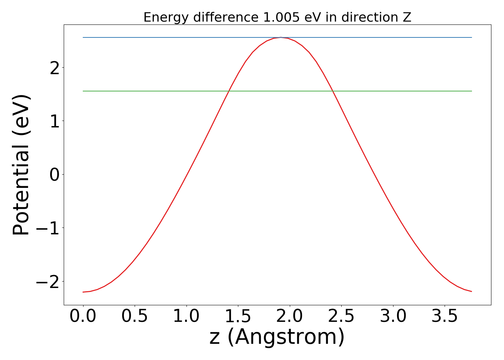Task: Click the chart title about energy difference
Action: click(x=277, y=17)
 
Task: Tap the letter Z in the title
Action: click(x=407, y=17)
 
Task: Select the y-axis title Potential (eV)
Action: click(x=21, y=165)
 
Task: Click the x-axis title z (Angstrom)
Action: click(x=277, y=337)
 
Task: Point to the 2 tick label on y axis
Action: click(x=55, y=68)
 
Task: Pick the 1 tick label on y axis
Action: click(x=55, y=121)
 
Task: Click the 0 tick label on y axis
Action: click(x=55, y=175)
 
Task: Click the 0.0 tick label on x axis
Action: click(x=83, y=316)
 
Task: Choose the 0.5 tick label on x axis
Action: click(x=135, y=316)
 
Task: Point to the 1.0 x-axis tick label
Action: click(x=186, y=316)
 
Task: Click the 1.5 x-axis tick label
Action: click(x=238, y=316)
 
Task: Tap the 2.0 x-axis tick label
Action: click(x=290, y=316)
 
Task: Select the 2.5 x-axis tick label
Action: click(x=341, y=316)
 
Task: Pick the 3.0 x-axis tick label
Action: click(x=393, y=316)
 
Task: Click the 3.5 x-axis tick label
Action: click(x=445, y=316)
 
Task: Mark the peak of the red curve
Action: click(x=281, y=37)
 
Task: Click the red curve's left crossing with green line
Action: click(x=229, y=91)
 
